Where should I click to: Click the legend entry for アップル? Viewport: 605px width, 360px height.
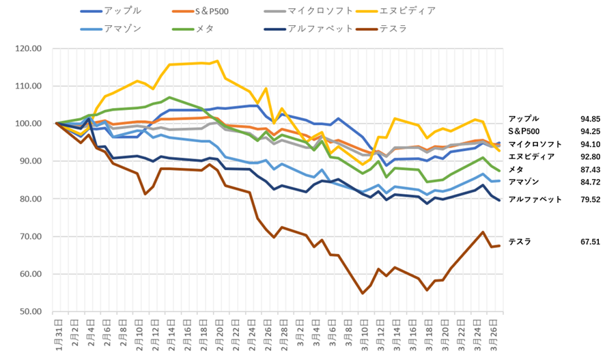pyautogui.click(x=120, y=11)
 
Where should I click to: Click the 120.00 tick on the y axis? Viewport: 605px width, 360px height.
pyautogui.click(x=28, y=49)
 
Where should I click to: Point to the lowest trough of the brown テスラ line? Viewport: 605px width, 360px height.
pyautogui.click(x=363, y=293)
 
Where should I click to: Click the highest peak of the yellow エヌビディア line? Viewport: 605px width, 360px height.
pyautogui.click(x=217, y=61)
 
